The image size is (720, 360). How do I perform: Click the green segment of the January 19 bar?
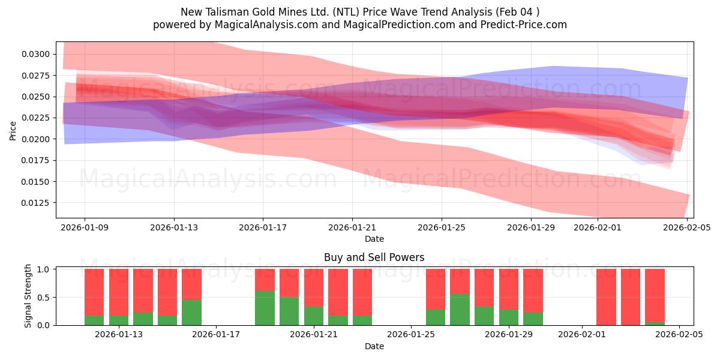pyautogui.click(x=265, y=308)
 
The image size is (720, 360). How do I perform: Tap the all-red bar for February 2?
pyautogui.click(x=606, y=297)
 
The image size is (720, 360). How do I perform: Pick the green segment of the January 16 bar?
pyautogui.click(x=191, y=313)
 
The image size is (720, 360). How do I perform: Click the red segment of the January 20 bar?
pyautogui.click(x=289, y=283)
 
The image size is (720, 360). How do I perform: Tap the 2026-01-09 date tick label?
pyautogui.click(x=85, y=227)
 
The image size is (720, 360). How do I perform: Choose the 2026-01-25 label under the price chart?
pyautogui.click(x=442, y=227)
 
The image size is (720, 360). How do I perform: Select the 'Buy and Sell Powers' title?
pyautogui.click(x=374, y=257)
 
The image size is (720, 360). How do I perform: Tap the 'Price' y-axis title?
pyautogui.click(x=13, y=130)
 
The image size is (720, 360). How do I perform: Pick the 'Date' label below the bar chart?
pyautogui.click(x=374, y=346)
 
